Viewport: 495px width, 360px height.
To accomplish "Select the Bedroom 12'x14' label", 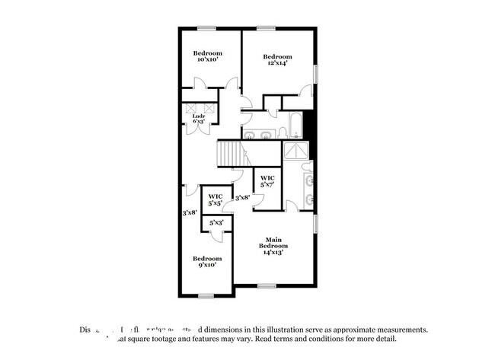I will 278,60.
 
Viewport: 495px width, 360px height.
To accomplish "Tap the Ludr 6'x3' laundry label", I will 199,119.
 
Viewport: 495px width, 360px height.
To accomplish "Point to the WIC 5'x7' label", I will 267,181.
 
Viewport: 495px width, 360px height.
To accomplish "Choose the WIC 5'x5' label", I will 215,200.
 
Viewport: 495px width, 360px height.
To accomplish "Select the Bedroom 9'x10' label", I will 206,261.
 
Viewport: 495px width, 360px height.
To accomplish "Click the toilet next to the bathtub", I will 281,133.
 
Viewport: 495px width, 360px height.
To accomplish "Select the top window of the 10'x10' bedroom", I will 206,29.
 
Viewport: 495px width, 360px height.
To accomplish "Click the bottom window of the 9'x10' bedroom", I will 206,295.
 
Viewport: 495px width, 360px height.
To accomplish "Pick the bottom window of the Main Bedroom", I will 266,286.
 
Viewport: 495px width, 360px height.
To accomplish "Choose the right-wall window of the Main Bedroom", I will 316,225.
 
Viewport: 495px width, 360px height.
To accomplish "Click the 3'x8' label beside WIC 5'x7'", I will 243,198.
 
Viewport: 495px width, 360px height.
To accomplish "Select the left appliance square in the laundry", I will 190,108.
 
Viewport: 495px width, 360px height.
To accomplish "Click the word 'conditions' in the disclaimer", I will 331,339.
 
